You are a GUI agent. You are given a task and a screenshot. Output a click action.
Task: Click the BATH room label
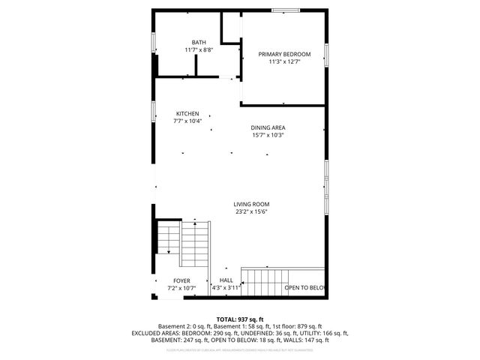click(198, 42)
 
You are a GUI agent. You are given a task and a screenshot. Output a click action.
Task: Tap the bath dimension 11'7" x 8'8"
click(198, 49)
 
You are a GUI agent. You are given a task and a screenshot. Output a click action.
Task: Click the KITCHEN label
click(187, 113)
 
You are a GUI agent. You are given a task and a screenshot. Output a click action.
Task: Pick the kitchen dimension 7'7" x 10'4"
click(187, 121)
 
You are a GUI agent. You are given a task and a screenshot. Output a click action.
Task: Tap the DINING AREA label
click(268, 127)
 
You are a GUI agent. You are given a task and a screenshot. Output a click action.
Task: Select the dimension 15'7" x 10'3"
click(268, 135)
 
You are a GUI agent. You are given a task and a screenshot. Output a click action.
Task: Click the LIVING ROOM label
click(250, 204)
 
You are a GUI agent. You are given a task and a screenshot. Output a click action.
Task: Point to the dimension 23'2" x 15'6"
click(250, 211)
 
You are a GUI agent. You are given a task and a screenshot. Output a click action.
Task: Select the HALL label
click(226, 280)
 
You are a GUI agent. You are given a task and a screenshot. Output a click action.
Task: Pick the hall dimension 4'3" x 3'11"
click(226, 288)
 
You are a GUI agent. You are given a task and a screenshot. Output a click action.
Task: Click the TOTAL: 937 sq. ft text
click(240, 319)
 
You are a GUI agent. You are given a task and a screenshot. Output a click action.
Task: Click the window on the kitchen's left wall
click(154, 112)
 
